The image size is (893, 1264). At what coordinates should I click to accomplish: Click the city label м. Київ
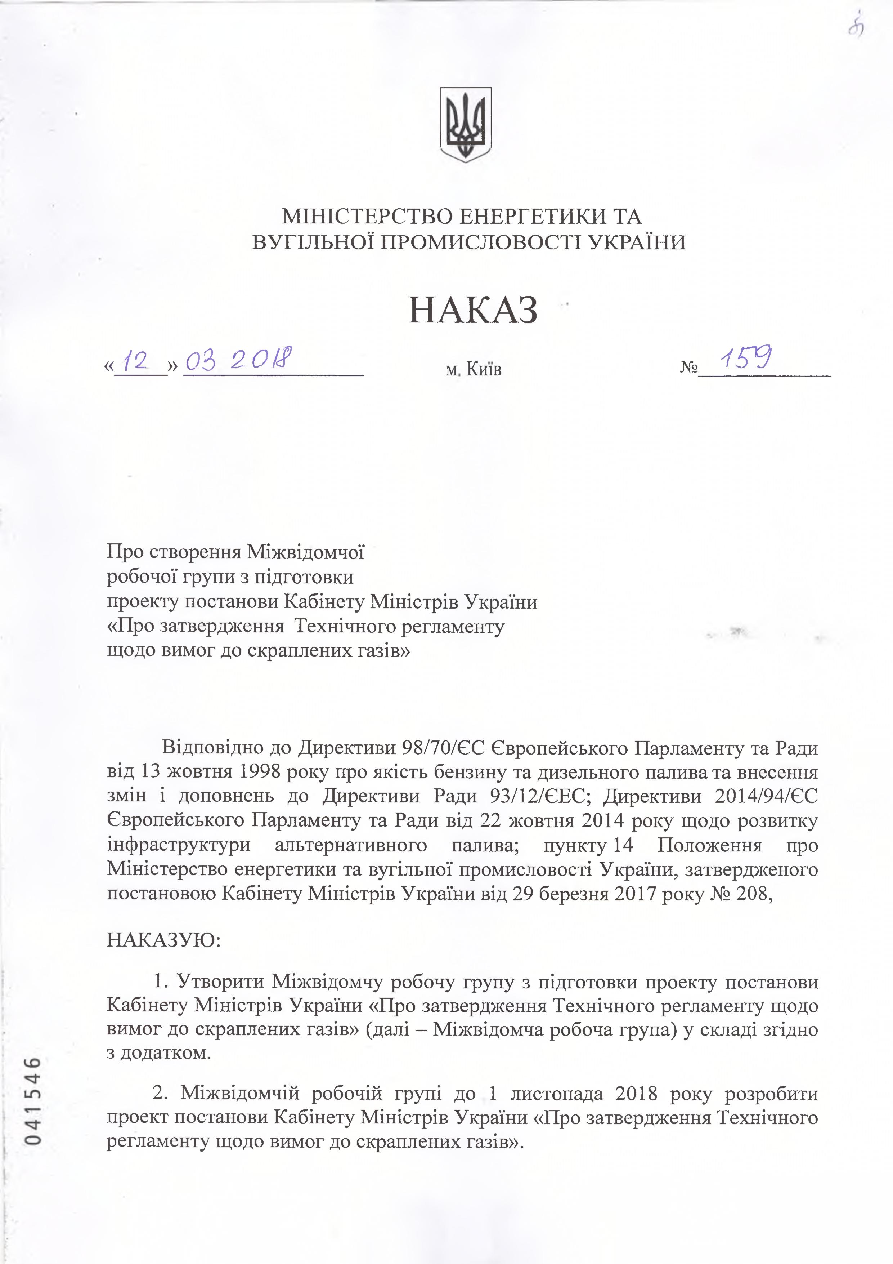click(473, 369)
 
